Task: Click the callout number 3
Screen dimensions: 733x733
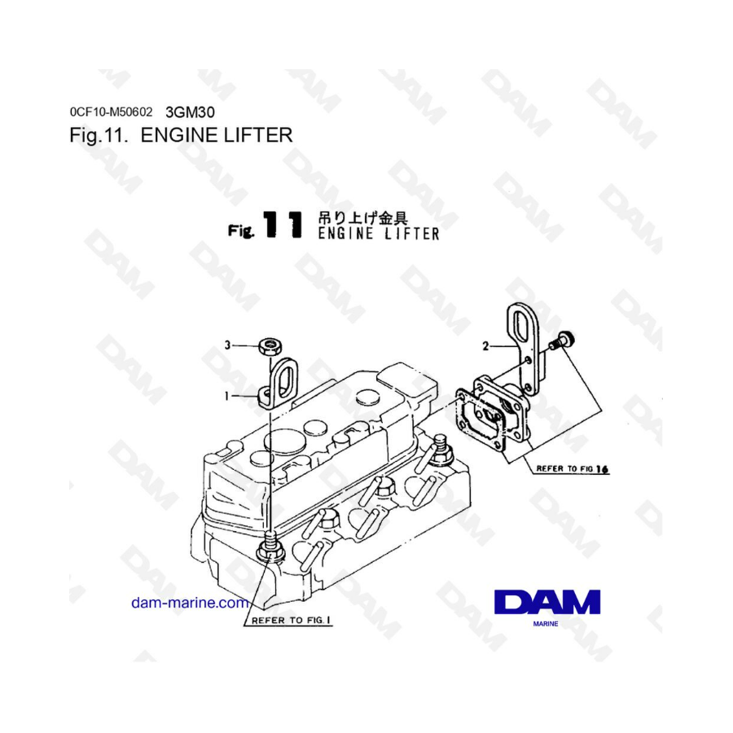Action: click(227, 345)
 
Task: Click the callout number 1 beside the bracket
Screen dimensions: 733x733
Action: click(226, 397)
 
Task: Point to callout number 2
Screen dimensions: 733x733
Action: click(485, 346)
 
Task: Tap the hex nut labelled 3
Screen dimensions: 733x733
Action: click(270, 346)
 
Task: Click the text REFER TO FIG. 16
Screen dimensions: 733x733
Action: click(573, 468)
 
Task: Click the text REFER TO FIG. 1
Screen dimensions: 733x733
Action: click(292, 621)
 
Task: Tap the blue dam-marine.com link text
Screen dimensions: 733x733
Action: click(190, 603)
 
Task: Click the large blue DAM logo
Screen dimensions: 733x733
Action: click(547, 602)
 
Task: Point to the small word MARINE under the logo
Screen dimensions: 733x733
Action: click(546, 624)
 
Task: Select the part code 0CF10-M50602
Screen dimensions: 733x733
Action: click(111, 112)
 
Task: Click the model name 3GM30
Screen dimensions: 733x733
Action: click(191, 112)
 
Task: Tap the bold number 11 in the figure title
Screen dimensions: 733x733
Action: click(283, 225)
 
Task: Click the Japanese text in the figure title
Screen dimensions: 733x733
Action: click(362, 217)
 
